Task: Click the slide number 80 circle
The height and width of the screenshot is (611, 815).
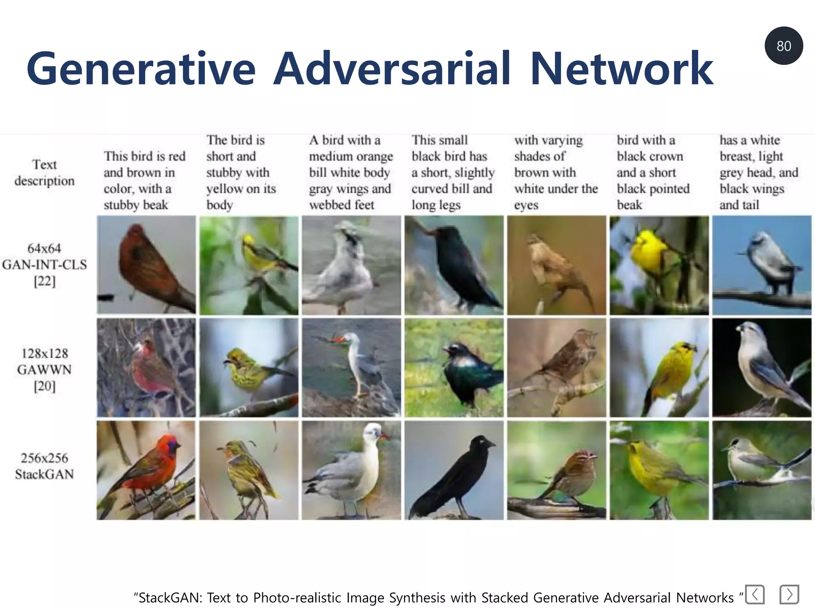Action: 783,46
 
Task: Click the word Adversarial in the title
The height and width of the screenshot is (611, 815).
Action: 392,68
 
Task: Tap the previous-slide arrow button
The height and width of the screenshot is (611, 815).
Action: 755,595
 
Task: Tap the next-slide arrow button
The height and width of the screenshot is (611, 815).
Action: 789,595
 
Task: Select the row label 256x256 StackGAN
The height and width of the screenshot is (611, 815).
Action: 45,466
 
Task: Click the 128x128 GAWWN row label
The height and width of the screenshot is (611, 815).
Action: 45,370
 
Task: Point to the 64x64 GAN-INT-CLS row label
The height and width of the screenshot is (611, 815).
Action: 45,265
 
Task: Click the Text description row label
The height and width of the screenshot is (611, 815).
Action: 45,173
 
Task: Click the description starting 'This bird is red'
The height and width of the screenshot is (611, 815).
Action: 144,180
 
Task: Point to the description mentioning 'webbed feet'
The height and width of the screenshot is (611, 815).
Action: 350,172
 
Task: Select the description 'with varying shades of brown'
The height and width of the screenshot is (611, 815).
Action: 556,172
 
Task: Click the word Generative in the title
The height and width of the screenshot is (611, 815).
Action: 141,68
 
